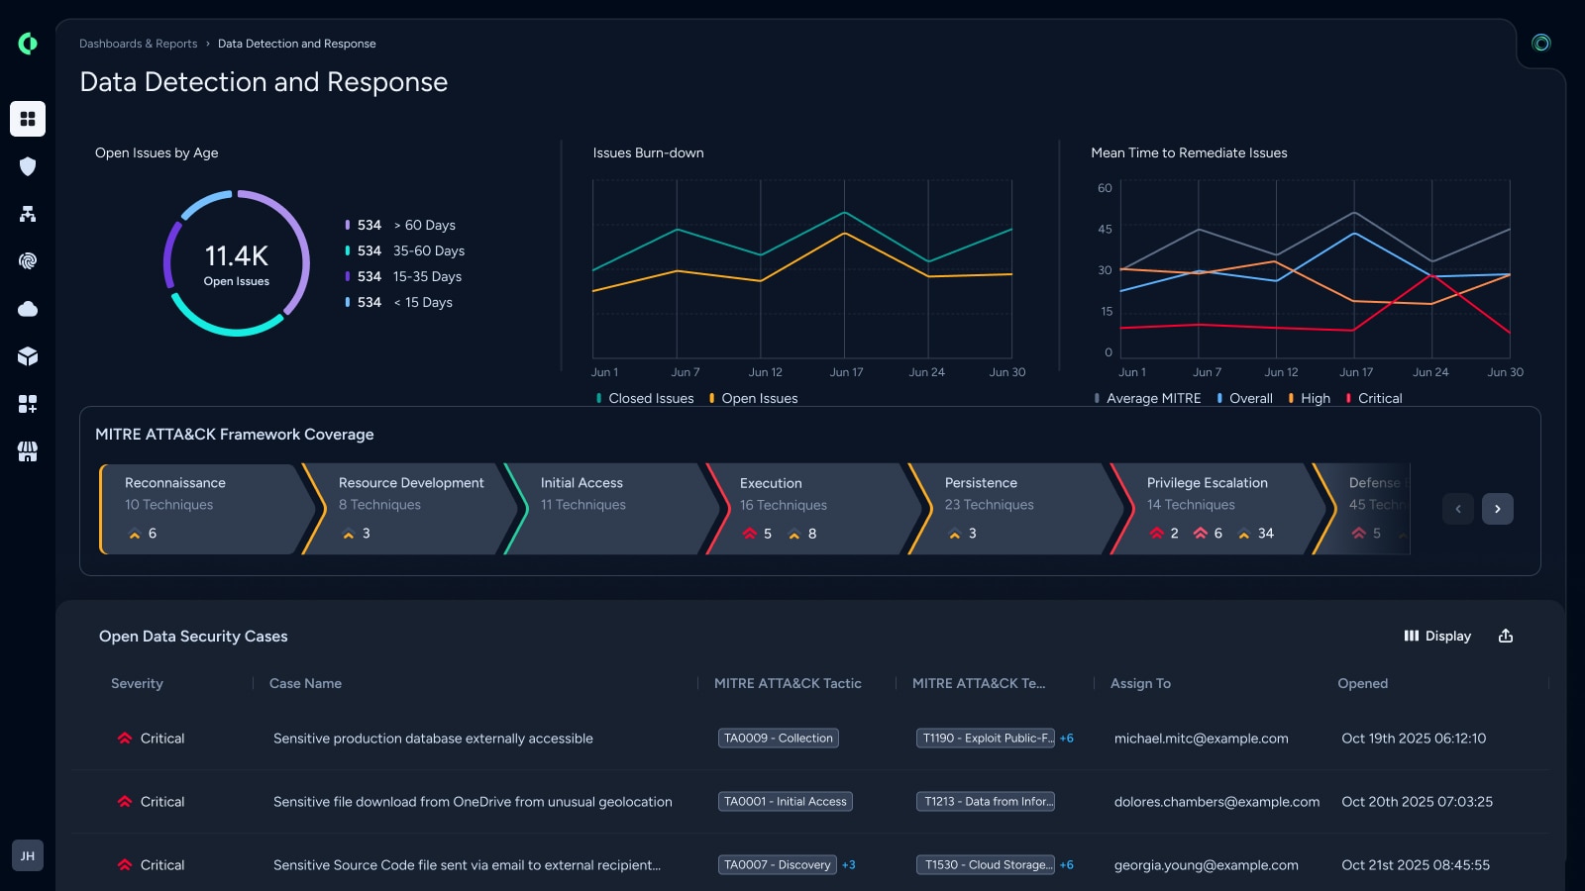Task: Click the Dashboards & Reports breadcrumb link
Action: tap(138, 44)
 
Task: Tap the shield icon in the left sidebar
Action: tap(28, 166)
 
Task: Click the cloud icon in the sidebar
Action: tap(28, 309)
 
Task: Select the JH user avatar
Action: tap(28, 855)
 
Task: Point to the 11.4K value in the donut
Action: tap(237, 256)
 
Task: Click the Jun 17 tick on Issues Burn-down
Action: tap(846, 372)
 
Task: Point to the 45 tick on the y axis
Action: tap(1105, 229)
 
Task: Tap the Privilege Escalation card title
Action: tap(1208, 483)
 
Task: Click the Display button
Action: tap(1437, 636)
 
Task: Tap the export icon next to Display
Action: tap(1506, 636)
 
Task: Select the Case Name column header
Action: tap(305, 684)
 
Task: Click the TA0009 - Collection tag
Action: tap(779, 739)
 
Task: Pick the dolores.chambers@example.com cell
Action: tap(1216, 802)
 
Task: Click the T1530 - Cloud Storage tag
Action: tap(985, 865)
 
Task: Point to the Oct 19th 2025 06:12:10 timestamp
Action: tap(1414, 739)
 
